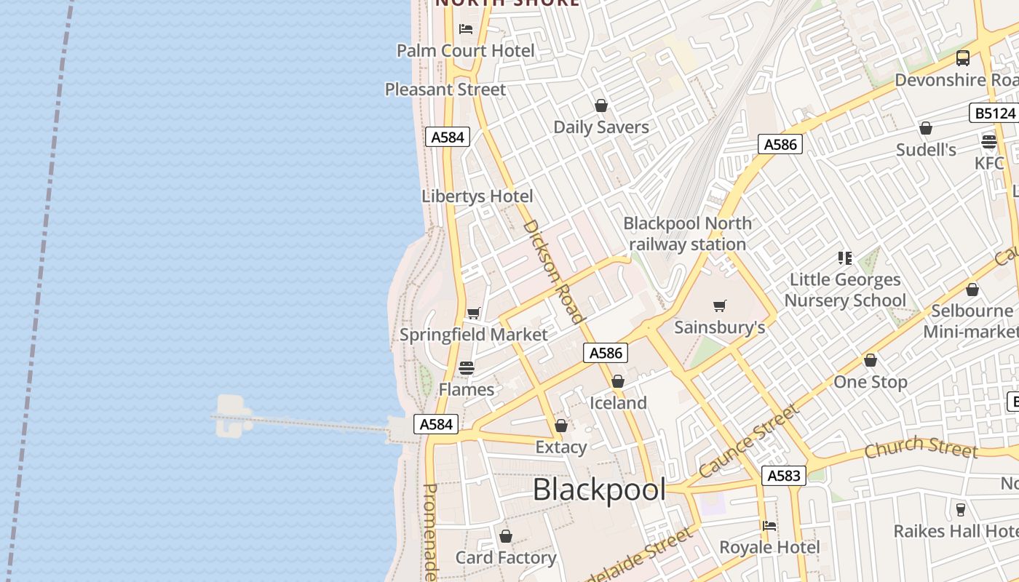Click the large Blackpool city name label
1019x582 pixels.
click(x=599, y=490)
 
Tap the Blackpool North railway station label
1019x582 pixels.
click(x=687, y=234)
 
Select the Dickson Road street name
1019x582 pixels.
click(x=554, y=271)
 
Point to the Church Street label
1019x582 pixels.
click(x=921, y=447)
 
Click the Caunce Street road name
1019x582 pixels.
click(x=749, y=442)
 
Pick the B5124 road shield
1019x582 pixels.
click(x=994, y=113)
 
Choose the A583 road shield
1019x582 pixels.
click(x=784, y=476)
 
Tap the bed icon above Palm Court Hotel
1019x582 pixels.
click(x=466, y=29)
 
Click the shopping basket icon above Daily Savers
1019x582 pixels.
click(x=601, y=105)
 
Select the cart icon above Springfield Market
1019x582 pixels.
click(x=474, y=314)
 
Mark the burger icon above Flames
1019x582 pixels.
click(x=467, y=368)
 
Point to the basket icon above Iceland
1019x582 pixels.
click(x=618, y=381)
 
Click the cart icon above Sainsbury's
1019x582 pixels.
click(x=720, y=306)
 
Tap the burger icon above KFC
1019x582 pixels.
click(x=988, y=142)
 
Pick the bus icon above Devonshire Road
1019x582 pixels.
click(x=963, y=58)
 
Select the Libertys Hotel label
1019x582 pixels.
click(x=477, y=196)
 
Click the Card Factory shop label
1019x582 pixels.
click(x=506, y=558)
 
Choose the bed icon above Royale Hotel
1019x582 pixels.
click(x=769, y=525)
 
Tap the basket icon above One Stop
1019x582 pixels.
click(x=871, y=360)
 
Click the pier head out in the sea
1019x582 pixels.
click(x=232, y=416)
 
